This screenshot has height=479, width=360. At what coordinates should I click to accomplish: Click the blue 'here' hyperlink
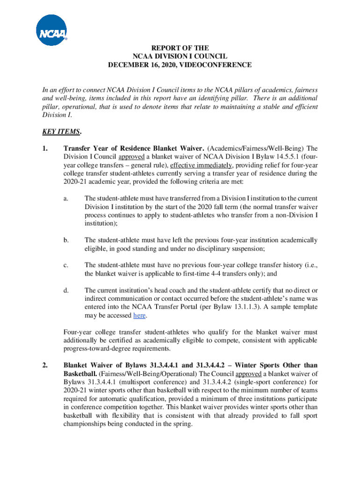pos(139,316)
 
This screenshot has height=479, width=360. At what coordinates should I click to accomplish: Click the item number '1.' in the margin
pos(45,148)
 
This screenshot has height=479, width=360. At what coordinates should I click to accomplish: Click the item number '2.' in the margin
pos(45,365)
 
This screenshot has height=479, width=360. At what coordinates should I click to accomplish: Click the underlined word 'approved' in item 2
pos(250,374)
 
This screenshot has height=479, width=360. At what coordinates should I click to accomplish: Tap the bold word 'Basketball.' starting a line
pos(80,374)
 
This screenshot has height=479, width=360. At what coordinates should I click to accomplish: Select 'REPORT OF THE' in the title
pos(180,48)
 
